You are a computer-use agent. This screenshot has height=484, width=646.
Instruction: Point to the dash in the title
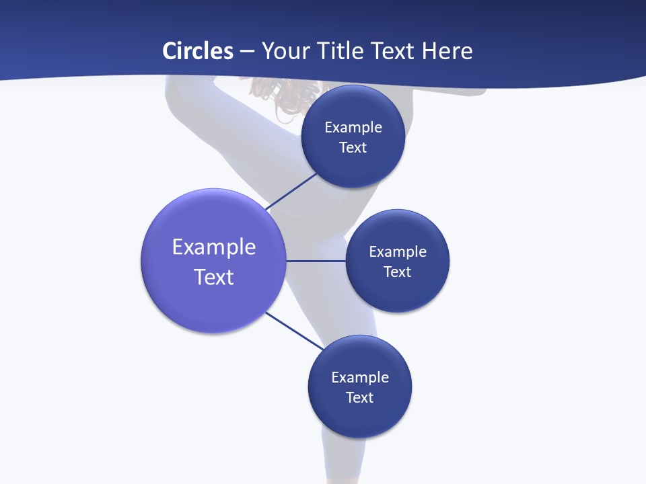pyautogui.click(x=246, y=52)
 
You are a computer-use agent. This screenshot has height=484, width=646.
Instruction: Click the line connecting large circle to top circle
pyautogui.click(x=291, y=192)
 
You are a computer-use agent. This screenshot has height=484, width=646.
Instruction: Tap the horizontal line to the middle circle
pyautogui.click(x=316, y=261)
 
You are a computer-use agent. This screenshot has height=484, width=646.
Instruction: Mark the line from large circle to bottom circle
pyautogui.click(x=294, y=331)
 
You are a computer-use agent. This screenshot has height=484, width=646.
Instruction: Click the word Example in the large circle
pyautogui.click(x=214, y=247)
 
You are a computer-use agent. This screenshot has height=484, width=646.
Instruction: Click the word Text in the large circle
pyautogui.click(x=214, y=277)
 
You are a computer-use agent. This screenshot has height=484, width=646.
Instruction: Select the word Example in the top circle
pyautogui.click(x=353, y=127)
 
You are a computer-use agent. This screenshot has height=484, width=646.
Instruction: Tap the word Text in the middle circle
pyautogui.click(x=397, y=272)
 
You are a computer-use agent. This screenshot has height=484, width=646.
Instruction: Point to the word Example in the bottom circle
pyautogui.click(x=360, y=377)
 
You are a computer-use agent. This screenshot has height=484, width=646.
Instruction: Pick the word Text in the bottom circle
pyautogui.click(x=359, y=398)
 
